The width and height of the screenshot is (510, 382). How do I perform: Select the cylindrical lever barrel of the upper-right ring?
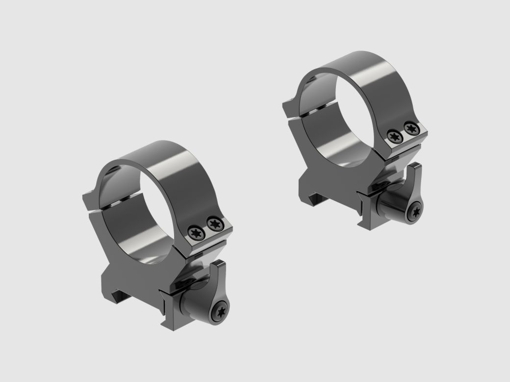click(392, 203)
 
